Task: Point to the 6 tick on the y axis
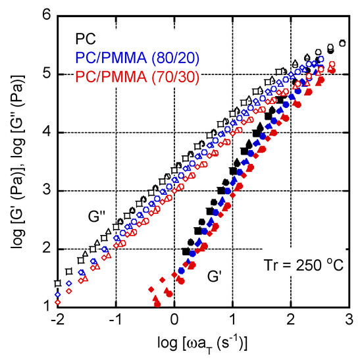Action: (47, 15)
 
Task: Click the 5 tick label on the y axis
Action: (47, 74)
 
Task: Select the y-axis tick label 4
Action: (47, 132)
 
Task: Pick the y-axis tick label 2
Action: (47, 249)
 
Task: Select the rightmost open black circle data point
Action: (342, 43)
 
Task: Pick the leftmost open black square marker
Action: (58, 283)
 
